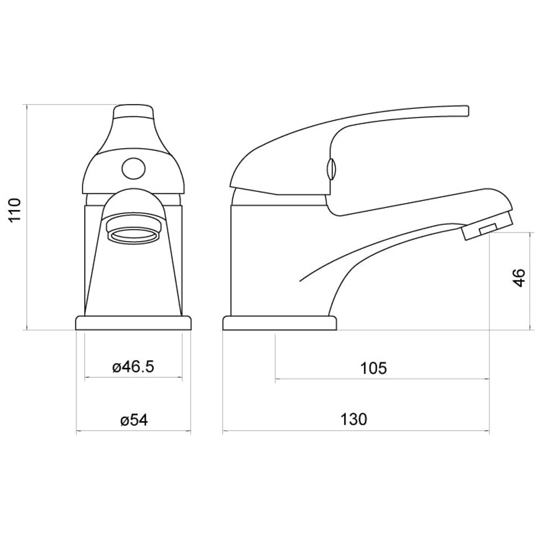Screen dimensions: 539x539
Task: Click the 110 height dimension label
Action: pos(15,210)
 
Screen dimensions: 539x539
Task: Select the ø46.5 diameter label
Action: pos(133,367)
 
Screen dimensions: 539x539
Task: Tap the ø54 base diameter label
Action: pos(134,420)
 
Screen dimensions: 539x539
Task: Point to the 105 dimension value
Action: pos(374,368)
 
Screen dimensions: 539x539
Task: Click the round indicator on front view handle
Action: pos(133,169)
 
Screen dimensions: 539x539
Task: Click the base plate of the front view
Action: pos(134,323)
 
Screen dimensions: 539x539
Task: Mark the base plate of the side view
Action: pos(279,323)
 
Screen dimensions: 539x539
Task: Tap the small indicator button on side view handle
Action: pos(331,169)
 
